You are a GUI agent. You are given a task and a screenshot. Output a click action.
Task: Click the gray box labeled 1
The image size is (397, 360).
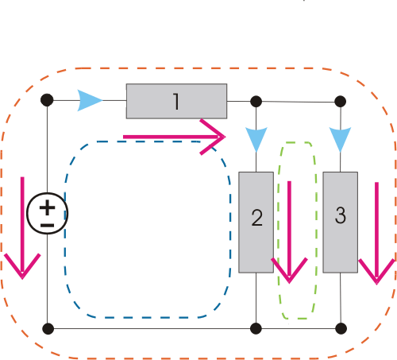[176, 101]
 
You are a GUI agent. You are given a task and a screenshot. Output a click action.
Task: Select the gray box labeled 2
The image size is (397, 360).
[256, 223]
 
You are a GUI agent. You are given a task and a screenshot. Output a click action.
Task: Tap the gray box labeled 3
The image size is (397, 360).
[341, 223]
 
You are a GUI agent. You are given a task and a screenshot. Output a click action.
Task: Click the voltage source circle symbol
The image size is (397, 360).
[48, 214]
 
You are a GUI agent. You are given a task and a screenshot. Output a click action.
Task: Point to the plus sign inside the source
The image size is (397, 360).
[48, 207]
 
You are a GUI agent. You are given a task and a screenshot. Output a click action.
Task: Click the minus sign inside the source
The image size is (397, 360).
[48, 226]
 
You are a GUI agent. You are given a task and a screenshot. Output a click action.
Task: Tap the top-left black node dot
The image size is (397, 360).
[47, 100]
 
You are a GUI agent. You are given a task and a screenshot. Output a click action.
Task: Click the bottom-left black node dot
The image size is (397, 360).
[48, 329]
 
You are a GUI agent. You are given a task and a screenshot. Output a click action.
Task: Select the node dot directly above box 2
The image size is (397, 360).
[256, 102]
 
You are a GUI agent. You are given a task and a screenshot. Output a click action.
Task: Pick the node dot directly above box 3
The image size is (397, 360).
[341, 102]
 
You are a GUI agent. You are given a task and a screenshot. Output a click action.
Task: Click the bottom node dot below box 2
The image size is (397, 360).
[256, 329]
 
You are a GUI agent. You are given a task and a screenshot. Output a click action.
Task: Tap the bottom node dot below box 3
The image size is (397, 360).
[341, 329]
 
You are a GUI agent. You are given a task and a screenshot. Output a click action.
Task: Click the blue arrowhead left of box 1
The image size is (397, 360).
[89, 100]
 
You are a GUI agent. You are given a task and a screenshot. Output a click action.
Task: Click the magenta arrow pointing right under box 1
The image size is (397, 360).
[174, 137]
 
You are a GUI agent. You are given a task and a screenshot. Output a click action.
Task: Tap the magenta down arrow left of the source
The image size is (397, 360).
[22, 228]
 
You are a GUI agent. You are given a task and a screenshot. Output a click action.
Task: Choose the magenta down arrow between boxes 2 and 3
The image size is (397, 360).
[289, 232]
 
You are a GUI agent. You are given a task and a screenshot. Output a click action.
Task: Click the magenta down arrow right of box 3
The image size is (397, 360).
[376, 233]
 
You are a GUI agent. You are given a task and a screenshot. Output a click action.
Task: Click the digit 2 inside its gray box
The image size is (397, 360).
[256, 218]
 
